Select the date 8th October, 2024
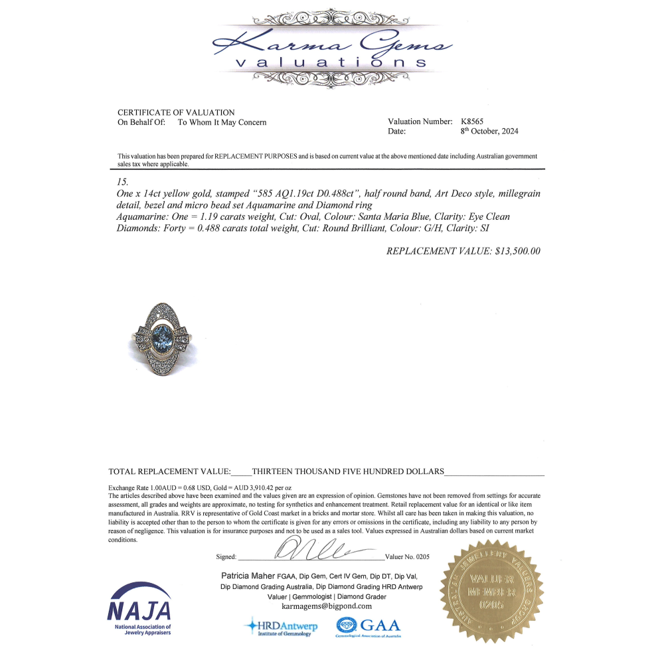[x=489, y=131]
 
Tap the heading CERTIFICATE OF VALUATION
[x=176, y=112]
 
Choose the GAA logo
[x=369, y=625]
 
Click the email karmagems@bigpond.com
[x=326, y=606]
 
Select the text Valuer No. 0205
[x=407, y=556]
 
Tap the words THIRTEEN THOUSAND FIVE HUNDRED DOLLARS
[x=348, y=471]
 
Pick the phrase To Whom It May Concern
[x=222, y=122]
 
